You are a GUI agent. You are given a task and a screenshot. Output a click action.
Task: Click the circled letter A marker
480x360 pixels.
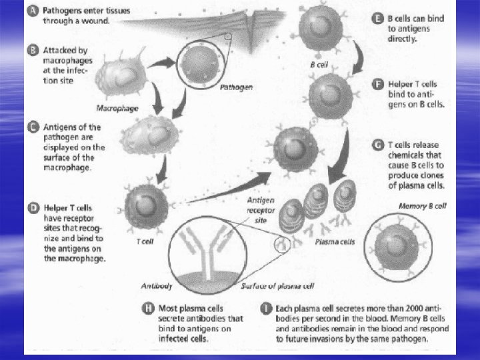point(35,12)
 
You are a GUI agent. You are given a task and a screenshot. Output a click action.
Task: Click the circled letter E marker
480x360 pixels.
point(378,18)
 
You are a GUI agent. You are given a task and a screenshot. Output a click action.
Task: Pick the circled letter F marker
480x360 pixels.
point(378,84)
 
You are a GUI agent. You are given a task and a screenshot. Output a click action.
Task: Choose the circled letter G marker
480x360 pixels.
point(378,145)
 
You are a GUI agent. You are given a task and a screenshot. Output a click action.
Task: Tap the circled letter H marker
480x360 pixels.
point(151,309)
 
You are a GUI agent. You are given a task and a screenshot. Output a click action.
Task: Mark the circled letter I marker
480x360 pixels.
point(265,309)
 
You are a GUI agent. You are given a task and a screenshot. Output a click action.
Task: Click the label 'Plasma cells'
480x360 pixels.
point(335,242)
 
